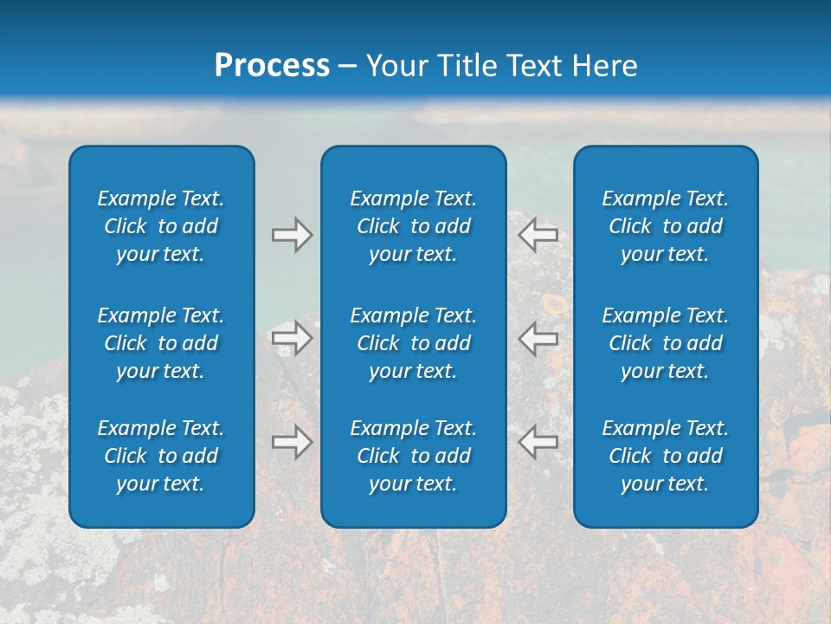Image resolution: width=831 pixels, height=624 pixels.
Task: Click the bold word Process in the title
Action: point(272,66)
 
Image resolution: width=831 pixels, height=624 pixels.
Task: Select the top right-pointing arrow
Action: point(292,235)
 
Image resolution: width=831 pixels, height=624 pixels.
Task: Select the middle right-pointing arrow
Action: point(292,337)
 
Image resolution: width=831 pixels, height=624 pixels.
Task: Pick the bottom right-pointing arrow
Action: point(292,442)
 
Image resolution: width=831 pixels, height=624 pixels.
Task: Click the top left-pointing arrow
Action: point(538,235)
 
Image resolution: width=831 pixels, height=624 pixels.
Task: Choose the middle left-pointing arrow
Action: point(538,337)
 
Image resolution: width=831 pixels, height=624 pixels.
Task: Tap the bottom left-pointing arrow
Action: point(538,442)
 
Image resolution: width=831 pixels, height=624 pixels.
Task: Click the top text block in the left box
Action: point(161,226)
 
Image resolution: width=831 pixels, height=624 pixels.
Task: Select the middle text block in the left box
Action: point(161,343)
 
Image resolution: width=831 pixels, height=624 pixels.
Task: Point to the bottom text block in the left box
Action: point(161,456)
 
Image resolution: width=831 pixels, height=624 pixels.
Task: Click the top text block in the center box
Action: point(413,226)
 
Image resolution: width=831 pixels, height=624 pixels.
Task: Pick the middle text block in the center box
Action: point(413,343)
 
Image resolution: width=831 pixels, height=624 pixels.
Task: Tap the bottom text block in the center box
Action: point(413,456)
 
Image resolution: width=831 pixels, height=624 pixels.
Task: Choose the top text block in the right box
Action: point(665,226)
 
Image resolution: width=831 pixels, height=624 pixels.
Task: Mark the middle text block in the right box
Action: point(665,343)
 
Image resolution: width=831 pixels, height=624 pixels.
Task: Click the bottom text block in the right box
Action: point(665,456)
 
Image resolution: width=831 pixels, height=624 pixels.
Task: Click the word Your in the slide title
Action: point(396,66)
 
